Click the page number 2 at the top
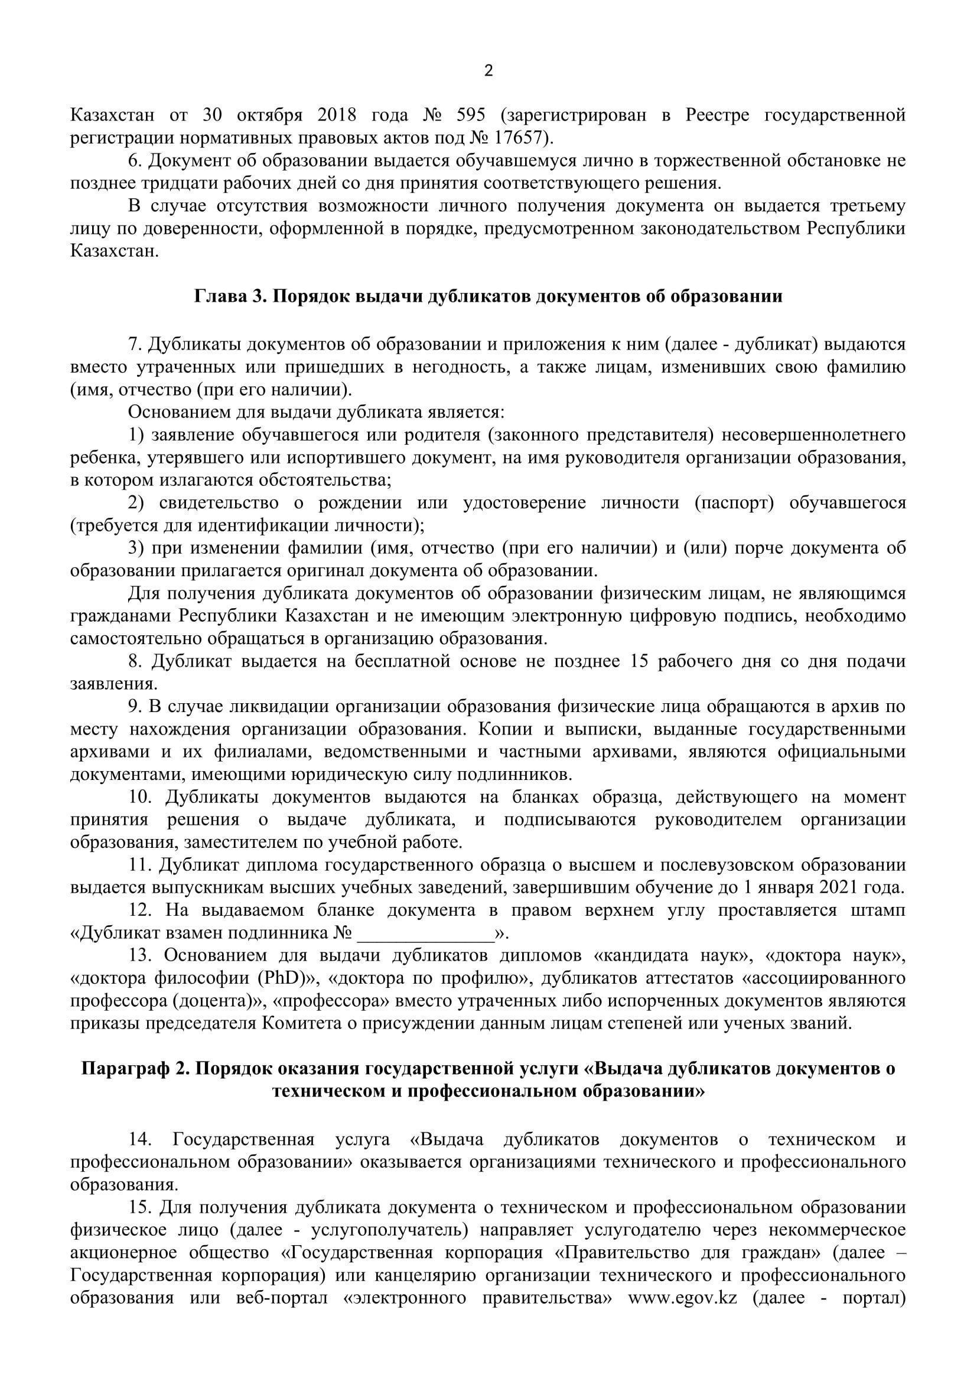click(x=488, y=71)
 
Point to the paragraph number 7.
click(x=133, y=344)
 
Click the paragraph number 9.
click(x=133, y=707)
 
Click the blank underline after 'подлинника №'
click(x=425, y=934)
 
